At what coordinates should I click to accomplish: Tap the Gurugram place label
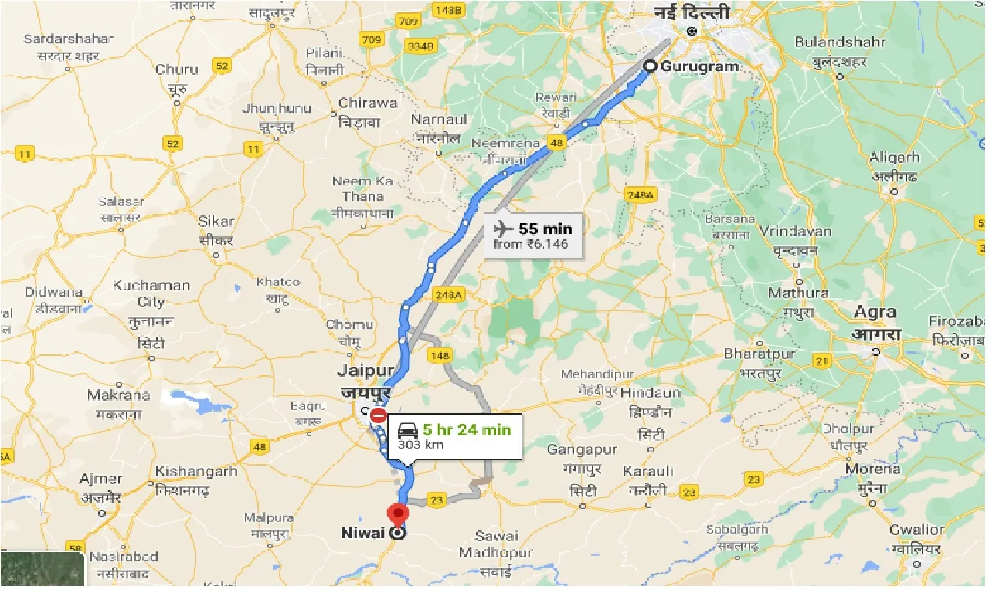[699, 66]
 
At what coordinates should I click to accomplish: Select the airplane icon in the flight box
[502, 229]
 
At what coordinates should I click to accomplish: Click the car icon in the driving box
[408, 430]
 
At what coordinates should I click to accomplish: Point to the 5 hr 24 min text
[467, 429]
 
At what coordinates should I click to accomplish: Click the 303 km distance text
[415, 445]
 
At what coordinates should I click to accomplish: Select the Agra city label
[875, 313]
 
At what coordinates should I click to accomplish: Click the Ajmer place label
[100, 479]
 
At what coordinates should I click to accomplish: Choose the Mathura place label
[798, 293]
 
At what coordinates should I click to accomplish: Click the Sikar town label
[216, 222]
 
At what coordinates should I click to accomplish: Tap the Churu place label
[177, 69]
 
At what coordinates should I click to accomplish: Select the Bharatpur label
[760, 354]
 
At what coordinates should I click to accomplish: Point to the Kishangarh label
[196, 471]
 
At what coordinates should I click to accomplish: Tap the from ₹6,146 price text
[530, 244]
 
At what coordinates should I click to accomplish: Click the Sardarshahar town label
[68, 39]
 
